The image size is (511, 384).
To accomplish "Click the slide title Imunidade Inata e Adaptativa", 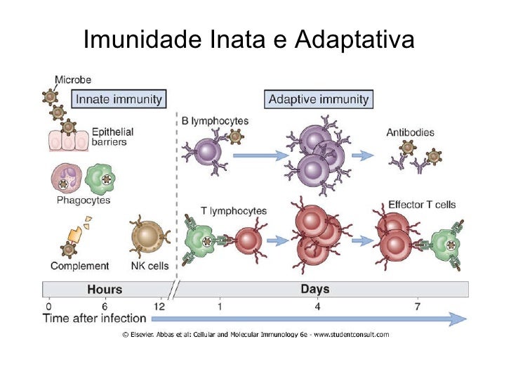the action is (x=248, y=40).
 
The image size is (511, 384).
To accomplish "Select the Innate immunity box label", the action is (x=119, y=98).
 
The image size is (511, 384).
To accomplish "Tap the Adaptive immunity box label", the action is (x=319, y=98).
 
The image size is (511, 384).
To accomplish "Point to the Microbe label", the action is (x=73, y=79).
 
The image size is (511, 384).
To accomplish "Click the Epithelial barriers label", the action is (x=112, y=136).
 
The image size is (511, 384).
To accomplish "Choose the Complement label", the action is (x=79, y=266).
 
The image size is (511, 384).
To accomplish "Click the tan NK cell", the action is (x=148, y=236).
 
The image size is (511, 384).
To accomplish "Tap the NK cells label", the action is (x=149, y=266).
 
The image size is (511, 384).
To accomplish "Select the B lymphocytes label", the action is (x=215, y=121).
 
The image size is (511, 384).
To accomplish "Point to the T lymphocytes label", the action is (x=233, y=210).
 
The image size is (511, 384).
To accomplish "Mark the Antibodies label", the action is (x=411, y=132).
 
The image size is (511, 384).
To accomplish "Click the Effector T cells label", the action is (x=422, y=205).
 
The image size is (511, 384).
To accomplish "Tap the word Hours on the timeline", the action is (x=105, y=289).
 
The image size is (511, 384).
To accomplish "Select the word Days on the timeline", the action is (x=315, y=289).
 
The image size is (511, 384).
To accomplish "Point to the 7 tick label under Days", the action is (x=418, y=306).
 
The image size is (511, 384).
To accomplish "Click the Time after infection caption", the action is (x=95, y=319).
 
